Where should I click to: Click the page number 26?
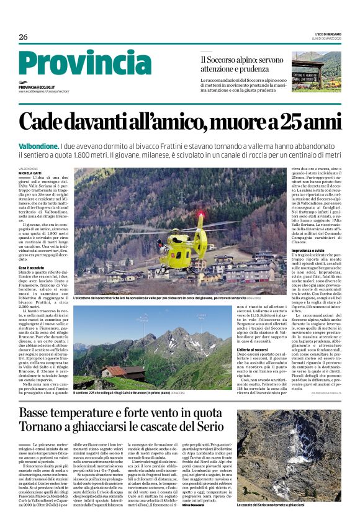point(23,37)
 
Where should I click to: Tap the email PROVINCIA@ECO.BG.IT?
point(37,88)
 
